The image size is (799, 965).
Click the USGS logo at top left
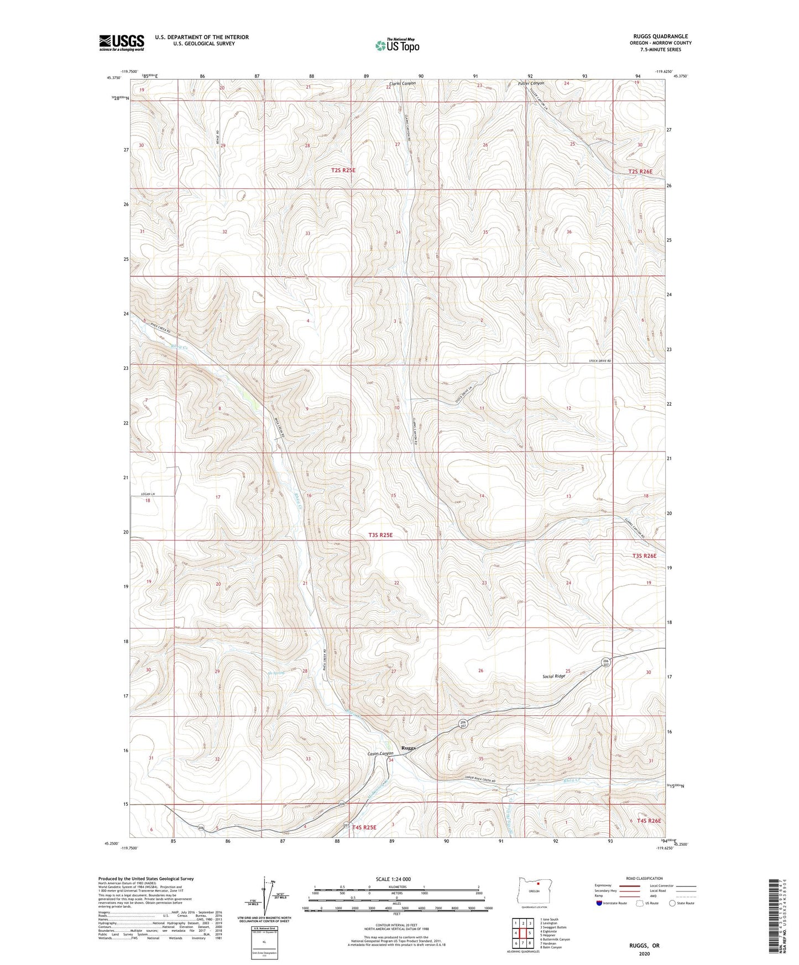coord(122,43)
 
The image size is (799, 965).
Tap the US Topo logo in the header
coord(397,45)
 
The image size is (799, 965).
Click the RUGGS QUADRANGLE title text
coord(660,36)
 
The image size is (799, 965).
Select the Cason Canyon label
coord(380,753)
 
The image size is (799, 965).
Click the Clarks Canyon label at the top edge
coord(402,83)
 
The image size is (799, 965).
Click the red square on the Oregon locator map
coord(537,899)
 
